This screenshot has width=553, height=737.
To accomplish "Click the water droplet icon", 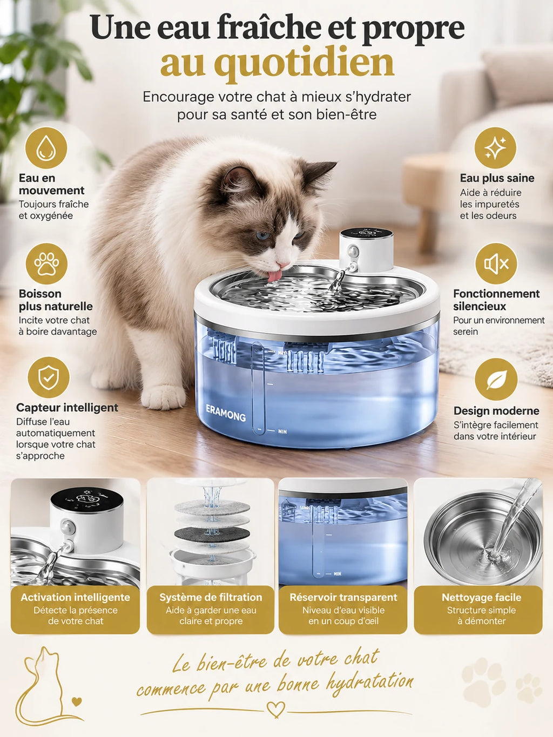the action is tap(46, 148).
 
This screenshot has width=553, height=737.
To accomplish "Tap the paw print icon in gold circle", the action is tap(46, 264).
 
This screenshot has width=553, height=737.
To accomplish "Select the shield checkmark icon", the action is tap(49, 378).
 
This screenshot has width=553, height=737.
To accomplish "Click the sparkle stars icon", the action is tap(495, 148).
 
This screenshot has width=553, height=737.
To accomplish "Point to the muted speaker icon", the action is tap(496, 264).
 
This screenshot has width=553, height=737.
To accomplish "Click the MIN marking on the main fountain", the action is tap(282, 431).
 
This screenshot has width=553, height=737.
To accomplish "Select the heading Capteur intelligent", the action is tap(67, 408).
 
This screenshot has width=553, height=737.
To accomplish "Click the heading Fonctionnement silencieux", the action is tap(496, 300).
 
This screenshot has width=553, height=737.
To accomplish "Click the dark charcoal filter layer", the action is tap(212, 534).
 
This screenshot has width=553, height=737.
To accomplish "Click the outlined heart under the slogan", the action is tap(275, 709).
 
